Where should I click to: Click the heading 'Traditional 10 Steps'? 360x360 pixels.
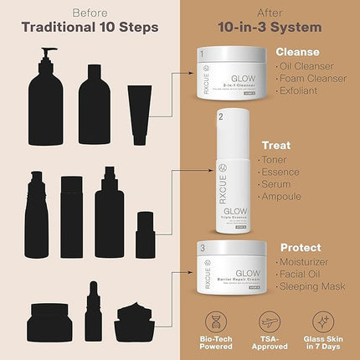[90, 26]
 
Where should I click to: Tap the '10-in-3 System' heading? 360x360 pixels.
[270, 26]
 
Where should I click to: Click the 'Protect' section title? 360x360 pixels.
[301, 248]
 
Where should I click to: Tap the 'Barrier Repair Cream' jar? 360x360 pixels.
[229, 264]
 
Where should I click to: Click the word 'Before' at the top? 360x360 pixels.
[90, 12]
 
